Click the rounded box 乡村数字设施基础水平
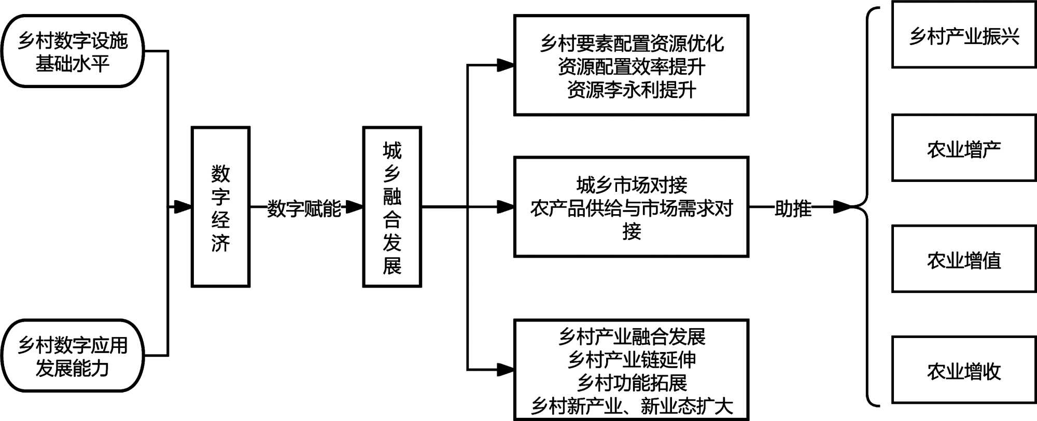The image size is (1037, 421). tap(73, 51)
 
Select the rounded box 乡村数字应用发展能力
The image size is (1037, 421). tap(73, 356)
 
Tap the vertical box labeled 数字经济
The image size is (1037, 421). tap(220, 207)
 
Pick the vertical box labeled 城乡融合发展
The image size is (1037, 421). tap(392, 207)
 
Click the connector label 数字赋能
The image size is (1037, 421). tap(304, 208)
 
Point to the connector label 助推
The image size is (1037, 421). tap(793, 208)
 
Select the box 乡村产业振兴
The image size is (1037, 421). tap(964, 35)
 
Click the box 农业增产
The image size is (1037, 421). tap(964, 149)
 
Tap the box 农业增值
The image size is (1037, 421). tap(964, 259)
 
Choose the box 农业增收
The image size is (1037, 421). tap(964, 370)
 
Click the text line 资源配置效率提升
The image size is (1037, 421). tap(631, 66)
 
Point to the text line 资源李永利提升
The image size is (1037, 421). tap(631, 89)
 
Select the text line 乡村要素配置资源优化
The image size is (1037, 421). tap(631, 44)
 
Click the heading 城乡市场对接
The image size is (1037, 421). tap(631, 185)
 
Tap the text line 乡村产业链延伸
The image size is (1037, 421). tap(631, 359)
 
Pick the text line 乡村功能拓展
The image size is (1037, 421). tap(631, 382)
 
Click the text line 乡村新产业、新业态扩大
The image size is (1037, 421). tap(631, 405)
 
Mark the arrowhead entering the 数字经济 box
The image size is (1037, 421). tap(183, 207)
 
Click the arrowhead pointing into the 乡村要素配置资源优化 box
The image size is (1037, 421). tap(506, 65)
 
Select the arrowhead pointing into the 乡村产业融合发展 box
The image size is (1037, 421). tap(506, 370)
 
